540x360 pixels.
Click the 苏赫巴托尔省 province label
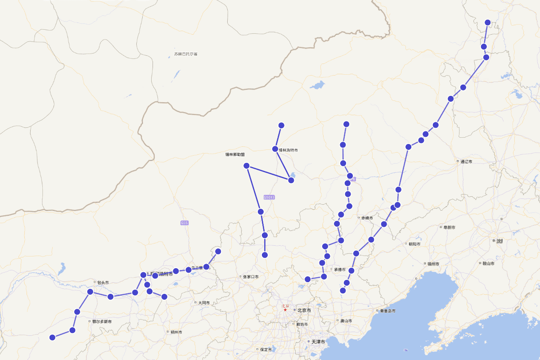pyautogui.click(x=186, y=54)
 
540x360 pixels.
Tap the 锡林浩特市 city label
pyautogui.click(x=288, y=150)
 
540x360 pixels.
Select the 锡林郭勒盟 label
pyautogui.click(x=235, y=154)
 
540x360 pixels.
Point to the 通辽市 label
pyautogui.click(x=465, y=161)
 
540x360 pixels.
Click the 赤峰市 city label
pyautogui.click(x=367, y=217)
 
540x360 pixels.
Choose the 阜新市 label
pyautogui.click(x=448, y=227)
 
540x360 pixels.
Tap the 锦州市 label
pyautogui.click(x=434, y=263)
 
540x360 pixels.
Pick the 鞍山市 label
pyautogui.click(x=488, y=263)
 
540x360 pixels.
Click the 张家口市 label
pyautogui.click(x=251, y=277)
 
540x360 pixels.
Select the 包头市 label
pyautogui.click(x=102, y=283)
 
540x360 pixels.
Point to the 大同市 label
pyautogui.click(x=203, y=303)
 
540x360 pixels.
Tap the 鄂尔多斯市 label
pyautogui.click(x=102, y=321)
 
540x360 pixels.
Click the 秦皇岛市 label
pyautogui.click(x=387, y=310)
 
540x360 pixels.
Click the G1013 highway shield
pyautogui.click(x=269, y=197)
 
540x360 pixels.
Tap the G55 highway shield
pyautogui.click(x=184, y=223)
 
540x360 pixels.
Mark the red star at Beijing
pyautogui.click(x=285, y=310)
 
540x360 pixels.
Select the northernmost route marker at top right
pyautogui.click(x=488, y=22)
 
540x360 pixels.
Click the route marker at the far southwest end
pyautogui.click(x=52, y=337)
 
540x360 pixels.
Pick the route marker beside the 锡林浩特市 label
pyautogui.click(x=275, y=149)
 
